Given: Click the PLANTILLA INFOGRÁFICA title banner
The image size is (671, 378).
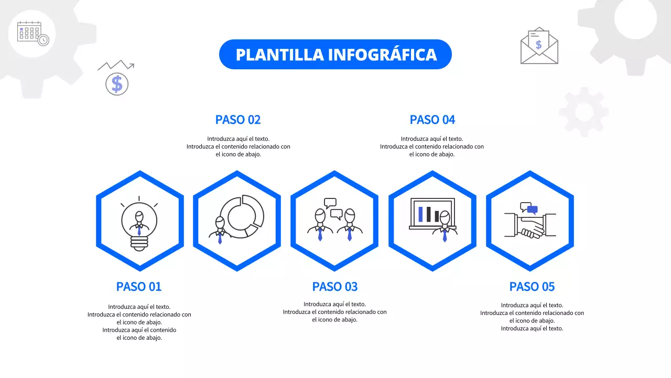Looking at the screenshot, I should [x=335, y=55].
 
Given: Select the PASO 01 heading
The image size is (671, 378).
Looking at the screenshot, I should [x=139, y=287].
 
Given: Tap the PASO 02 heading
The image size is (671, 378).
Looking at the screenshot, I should [x=237, y=120].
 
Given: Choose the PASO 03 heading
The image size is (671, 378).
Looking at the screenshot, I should [x=334, y=287].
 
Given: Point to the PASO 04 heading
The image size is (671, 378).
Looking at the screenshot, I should [x=432, y=120].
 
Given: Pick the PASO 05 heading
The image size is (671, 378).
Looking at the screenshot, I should [x=532, y=287].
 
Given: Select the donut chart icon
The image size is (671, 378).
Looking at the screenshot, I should [x=242, y=213].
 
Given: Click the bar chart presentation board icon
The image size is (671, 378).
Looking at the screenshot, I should [x=432, y=214].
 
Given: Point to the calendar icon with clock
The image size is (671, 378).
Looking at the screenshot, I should [x=33, y=33].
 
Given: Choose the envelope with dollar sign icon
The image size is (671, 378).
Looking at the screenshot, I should [x=539, y=46].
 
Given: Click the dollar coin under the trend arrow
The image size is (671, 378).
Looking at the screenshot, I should [x=117, y=84].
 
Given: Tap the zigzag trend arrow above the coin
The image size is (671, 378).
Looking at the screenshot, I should [x=116, y=66].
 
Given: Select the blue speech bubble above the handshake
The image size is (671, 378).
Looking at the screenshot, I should [x=532, y=209].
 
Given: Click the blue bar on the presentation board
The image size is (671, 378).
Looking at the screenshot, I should [x=420, y=214].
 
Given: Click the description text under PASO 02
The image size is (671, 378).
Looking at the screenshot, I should [x=238, y=146].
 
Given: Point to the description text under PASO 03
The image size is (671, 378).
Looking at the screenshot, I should [x=334, y=312].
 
